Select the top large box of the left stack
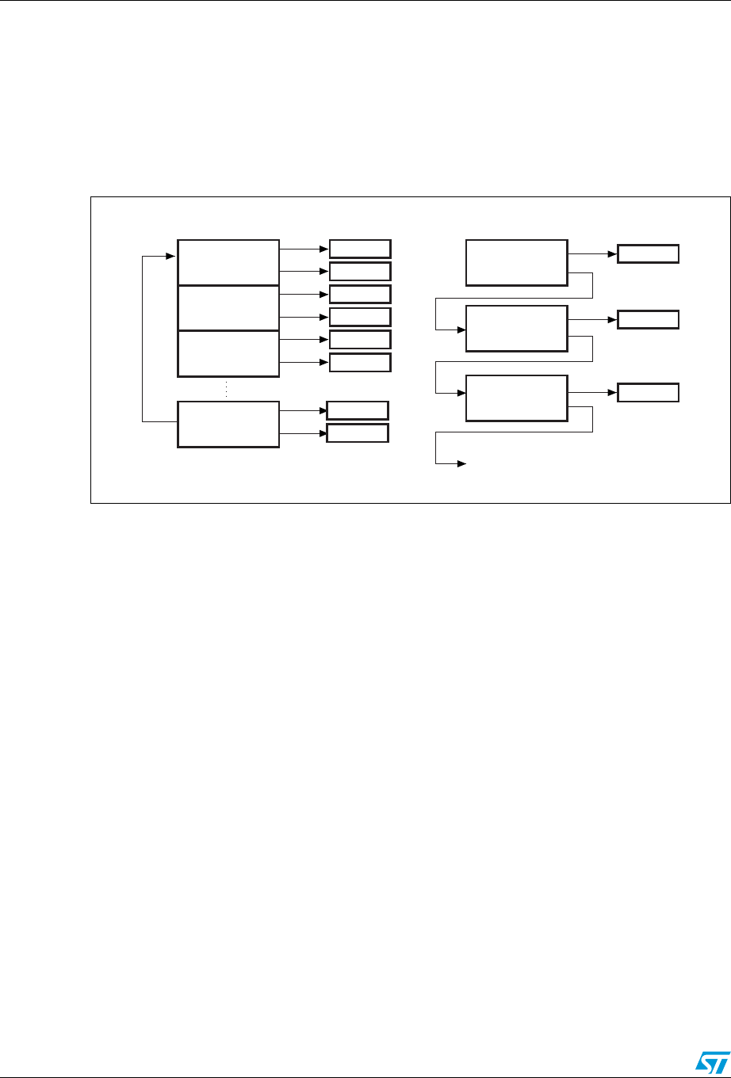pos(228,261)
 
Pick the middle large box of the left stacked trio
pos(228,307)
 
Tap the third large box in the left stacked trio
pos(228,353)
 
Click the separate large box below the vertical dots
pos(228,425)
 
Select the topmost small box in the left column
pos(360,248)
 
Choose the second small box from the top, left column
pos(360,271)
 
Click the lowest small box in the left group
pos(358,433)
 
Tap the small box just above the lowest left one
pos(358,410)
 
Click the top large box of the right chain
pos(517,261)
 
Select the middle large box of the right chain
pos(517,328)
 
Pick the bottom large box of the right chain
pos(517,398)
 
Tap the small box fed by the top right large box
pos(649,255)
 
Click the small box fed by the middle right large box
pos(649,320)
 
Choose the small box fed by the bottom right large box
pos(649,393)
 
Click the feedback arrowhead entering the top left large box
pos(171,256)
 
